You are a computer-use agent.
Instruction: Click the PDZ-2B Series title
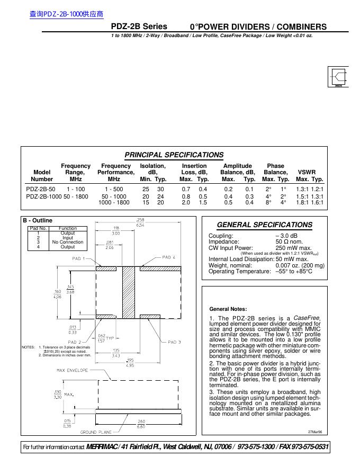pyautogui.click(x=139, y=26)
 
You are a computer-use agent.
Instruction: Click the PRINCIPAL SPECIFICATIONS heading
pyautogui.click(x=174, y=155)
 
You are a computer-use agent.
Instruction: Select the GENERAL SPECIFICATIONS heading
pyautogui.click(x=265, y=225)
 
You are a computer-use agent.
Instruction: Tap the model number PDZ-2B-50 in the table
pyautogui.click(x=40, y=189)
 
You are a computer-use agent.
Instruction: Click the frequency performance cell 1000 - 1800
pyautogui.click(x=114, y=202)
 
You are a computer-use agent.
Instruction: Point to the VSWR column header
pyautogui.click(x=307, y=172)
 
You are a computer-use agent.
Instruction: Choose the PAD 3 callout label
pyautogui.click(x=174, y=342)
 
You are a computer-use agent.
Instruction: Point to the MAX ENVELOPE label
pyautogui.click(x=72, y=370)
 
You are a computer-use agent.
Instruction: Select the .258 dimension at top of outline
pyautogui.click(x=140, y=219)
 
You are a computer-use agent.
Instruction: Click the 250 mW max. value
pyautogui.click(x=293, y=247)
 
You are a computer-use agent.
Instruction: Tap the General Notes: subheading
pyautogui.click(x=228, y=309)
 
